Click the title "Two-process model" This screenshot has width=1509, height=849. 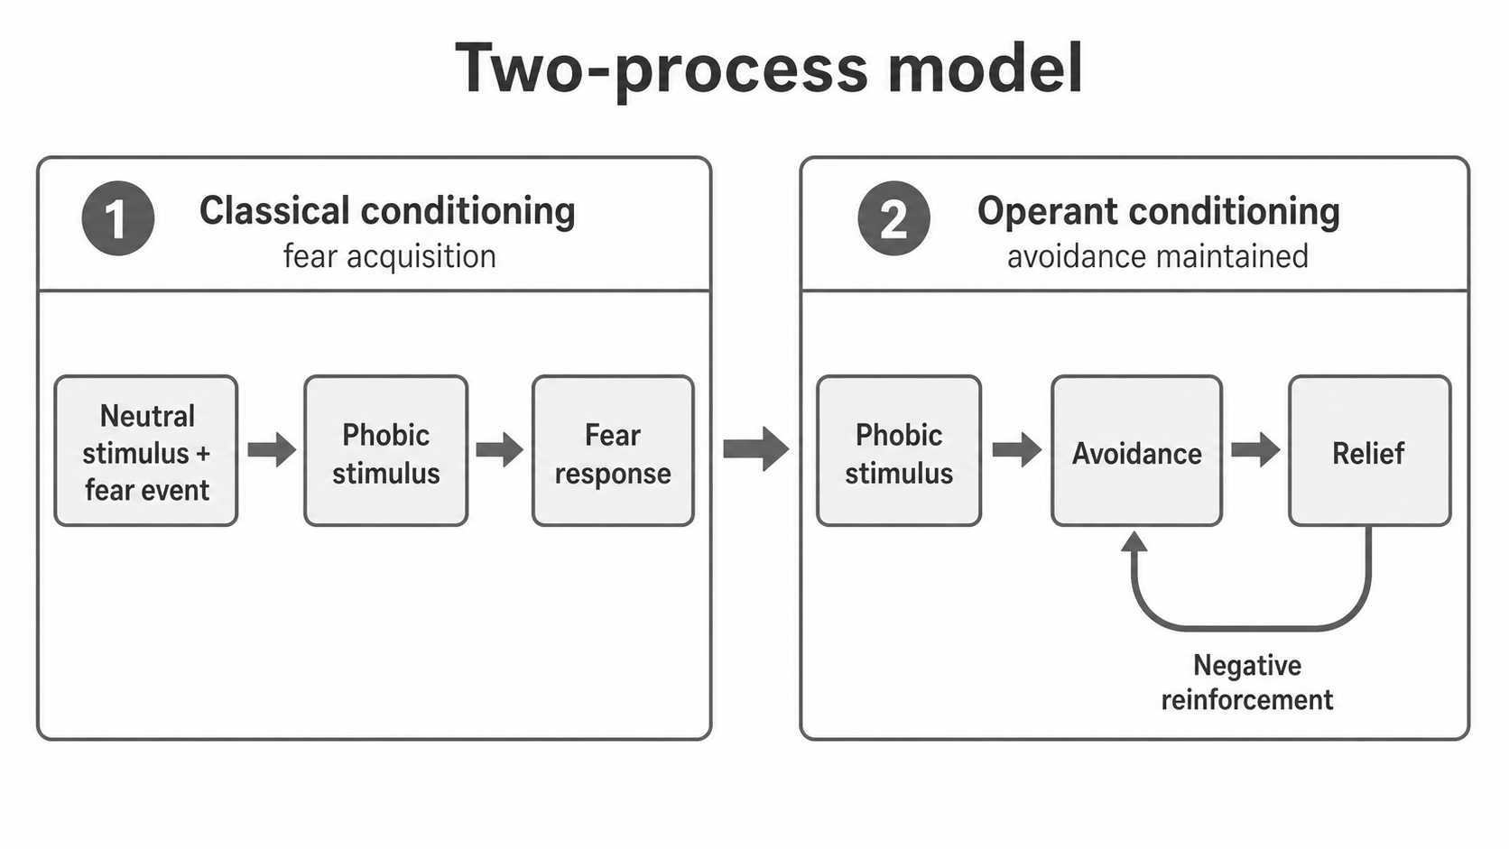[x=769, y=69]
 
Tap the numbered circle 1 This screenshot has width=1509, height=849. [x=118, y=218]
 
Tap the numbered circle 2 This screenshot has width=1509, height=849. [x=894, y=218]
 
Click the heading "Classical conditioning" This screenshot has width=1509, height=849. [x=387, y=211]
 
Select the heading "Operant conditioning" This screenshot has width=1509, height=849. [x=1159, y=211]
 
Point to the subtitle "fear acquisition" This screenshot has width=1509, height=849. [x=389, y=256]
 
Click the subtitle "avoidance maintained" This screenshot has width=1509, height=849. [x=1158, y=256]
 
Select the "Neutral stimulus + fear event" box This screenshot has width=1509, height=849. [x=146, y=450]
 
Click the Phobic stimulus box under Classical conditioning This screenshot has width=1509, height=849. [x=386, y=450]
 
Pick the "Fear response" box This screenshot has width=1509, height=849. [x=613, y=450]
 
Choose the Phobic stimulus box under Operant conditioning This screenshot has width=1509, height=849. [x=899, y=450]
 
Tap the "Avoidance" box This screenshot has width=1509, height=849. [x=1137, y=450]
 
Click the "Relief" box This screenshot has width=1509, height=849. [x=1369, y=450]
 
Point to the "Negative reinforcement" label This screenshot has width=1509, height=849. [x=1247, y=683]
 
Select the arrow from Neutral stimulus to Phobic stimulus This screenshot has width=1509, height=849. [x=272, y=449]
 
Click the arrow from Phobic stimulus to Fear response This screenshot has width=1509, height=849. [x=499, y=449]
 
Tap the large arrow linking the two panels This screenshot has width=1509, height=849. [x=755, y=448]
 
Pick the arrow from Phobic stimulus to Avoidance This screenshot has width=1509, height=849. [x=1016, y=449]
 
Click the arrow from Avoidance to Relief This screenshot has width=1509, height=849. [x=1255, y=449]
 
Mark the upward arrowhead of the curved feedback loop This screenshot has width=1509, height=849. [x=1134, y=542]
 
